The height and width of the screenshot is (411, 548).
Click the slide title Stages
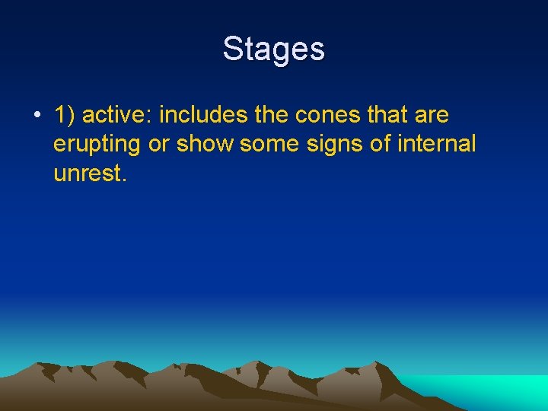tap(274, 49)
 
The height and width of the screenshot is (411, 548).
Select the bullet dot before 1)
tap(37, 116)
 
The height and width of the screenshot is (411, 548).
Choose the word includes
tap(203, 116)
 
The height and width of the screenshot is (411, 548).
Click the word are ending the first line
tap(432, 116)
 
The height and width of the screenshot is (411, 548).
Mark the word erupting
tap(97, 145)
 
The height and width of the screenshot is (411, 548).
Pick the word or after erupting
tap(158, 145)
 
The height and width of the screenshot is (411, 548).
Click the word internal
tap(438, 144)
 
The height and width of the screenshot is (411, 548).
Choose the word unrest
tap(86, 173)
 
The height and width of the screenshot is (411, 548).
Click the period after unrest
tap(123, 179)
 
